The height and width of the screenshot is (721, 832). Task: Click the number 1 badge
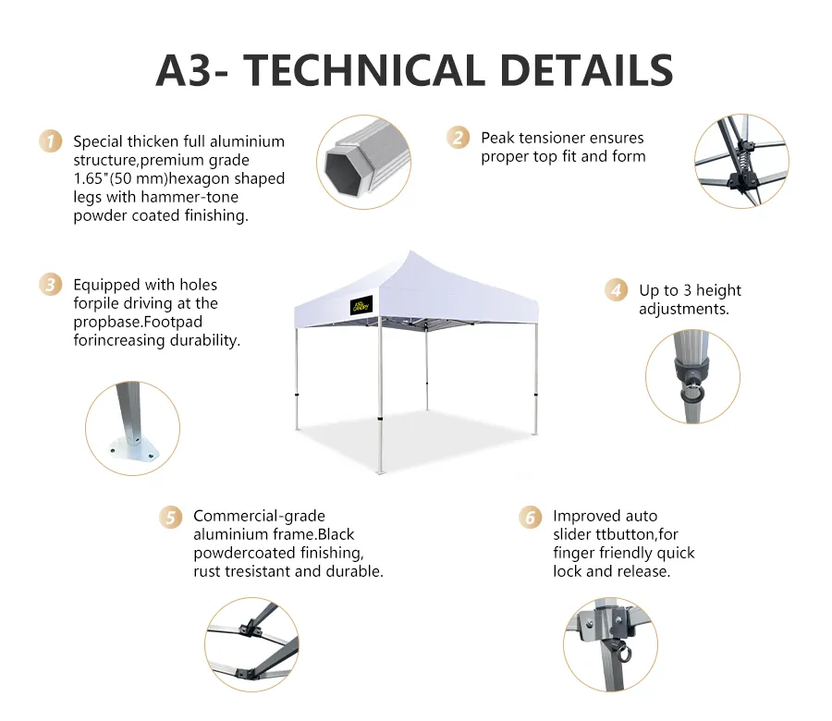point(51,141)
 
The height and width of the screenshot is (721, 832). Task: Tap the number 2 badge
point(458,138)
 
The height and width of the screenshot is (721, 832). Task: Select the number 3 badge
point(51,285)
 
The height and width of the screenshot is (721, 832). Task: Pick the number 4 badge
point(616,290)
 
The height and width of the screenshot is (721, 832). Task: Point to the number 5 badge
point(170,517)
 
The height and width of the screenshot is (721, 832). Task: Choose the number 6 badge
point(530,517)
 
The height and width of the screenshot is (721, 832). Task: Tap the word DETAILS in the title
point(586,70)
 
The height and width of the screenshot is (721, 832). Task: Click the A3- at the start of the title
point(192,70)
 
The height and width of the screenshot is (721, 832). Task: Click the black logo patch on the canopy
point(361,305)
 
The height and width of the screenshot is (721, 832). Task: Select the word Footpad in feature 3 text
point(173,322)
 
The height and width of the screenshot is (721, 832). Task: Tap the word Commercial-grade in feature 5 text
point(259,516)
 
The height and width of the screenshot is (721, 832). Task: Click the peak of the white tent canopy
point(410,251)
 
